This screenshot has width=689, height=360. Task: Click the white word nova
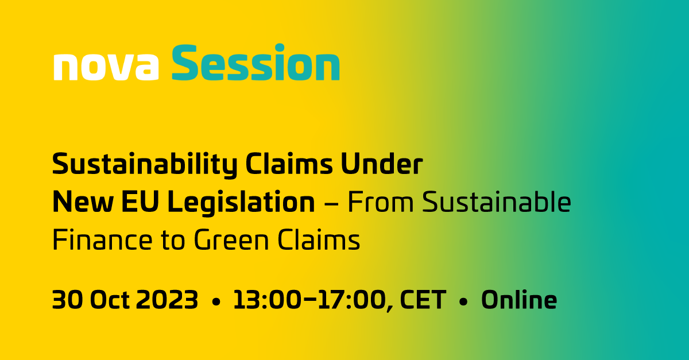106,68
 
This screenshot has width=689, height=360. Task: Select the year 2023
167,300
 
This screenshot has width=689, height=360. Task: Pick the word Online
519,300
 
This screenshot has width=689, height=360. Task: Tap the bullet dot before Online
463,301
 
